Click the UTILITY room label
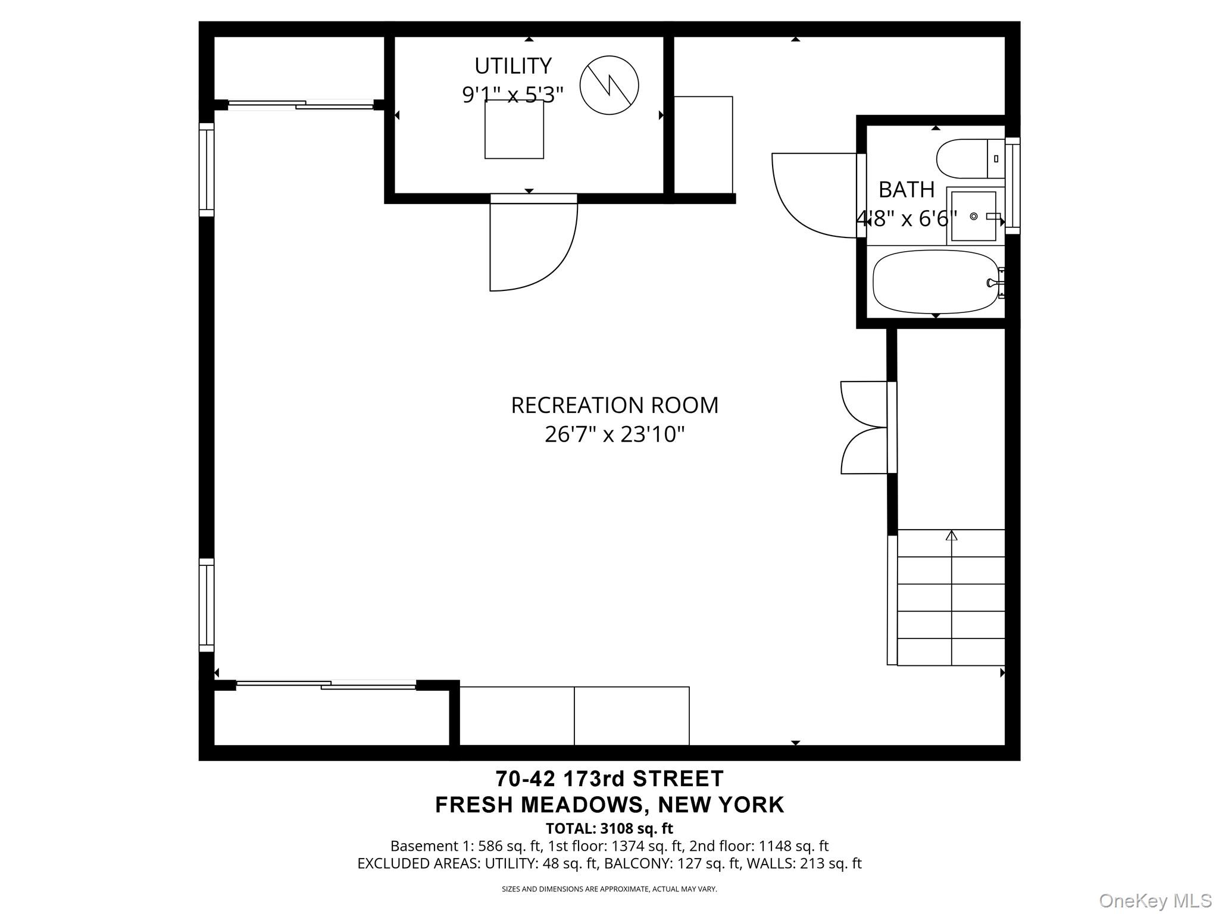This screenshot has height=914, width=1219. coord(512,65)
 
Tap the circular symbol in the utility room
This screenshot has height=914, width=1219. coord(609,85)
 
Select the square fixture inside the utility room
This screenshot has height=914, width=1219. coord(514,129)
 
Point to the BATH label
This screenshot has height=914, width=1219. coord(906,190)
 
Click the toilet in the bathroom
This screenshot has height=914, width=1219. coord(969,159)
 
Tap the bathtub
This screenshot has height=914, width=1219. coord(934,282)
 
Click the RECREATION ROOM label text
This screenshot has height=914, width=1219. coord(614,405)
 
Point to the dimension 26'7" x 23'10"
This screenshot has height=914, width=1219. coord(614,434)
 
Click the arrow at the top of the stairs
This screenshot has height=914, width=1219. coord(951,536)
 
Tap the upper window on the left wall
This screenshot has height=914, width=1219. coord(206,170)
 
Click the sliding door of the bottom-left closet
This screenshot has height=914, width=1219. coord(326,685)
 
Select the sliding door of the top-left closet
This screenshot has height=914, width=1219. coord(301,105)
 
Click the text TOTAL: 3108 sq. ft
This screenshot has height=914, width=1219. coord(609,828)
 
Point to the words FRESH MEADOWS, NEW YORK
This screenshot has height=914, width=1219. coord(609,805)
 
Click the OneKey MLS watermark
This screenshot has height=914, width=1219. coord(1155,901)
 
